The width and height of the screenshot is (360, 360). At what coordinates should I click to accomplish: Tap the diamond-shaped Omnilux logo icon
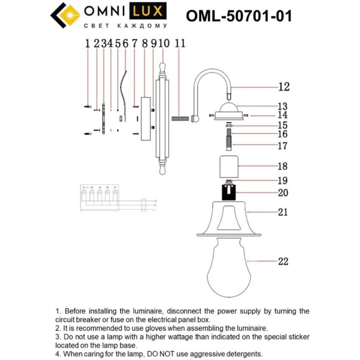coord(64,16)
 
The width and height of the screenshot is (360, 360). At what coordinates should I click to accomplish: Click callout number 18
coord(282,166)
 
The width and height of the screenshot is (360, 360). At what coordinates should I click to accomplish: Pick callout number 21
coord(282,212)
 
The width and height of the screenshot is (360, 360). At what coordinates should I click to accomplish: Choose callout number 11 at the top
coord(180,43)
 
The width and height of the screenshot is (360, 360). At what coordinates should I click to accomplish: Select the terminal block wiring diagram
coord(99,199)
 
